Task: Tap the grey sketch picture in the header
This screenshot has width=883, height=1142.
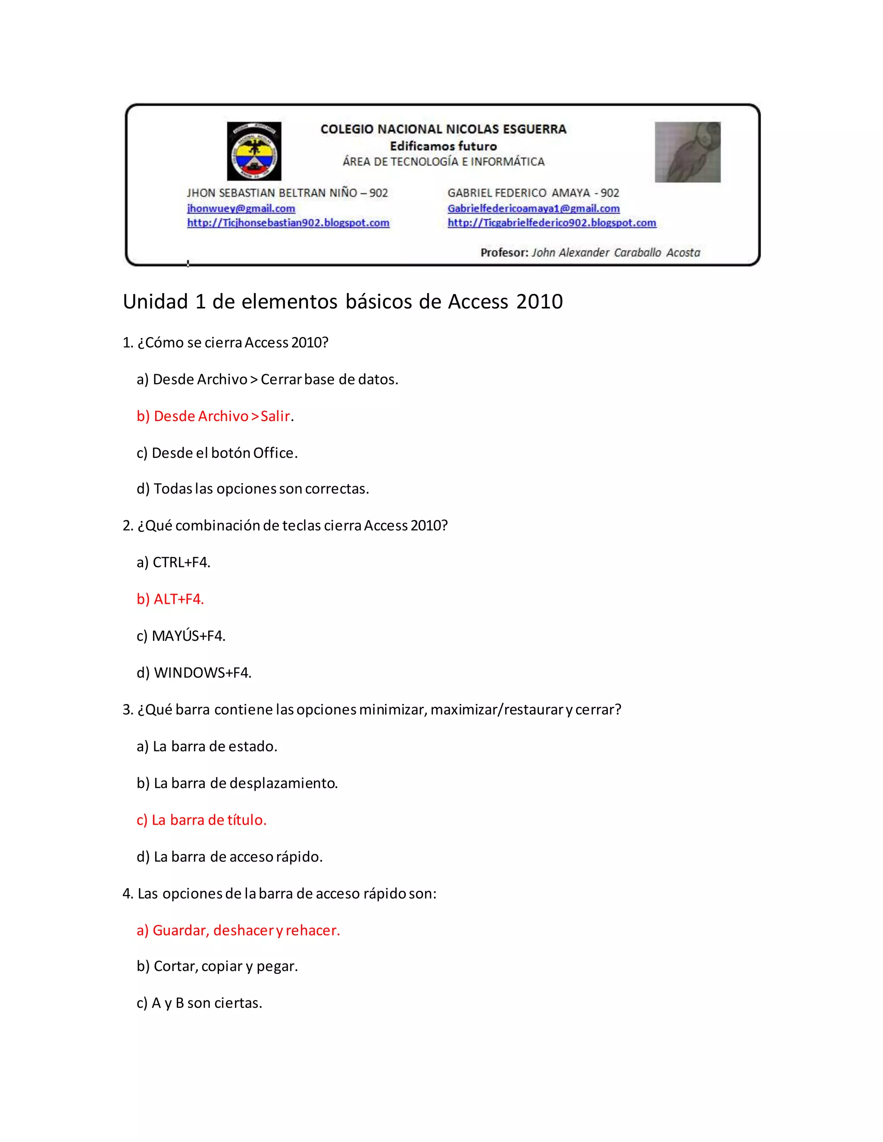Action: (x=687, y=152)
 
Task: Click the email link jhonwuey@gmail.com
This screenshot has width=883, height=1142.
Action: (x=241, y=208)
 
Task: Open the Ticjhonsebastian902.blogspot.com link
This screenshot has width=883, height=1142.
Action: (x=288, y=223)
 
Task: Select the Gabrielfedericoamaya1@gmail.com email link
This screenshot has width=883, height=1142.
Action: (x=534, y=208)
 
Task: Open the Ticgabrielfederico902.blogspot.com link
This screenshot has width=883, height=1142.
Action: (x=552, y=223)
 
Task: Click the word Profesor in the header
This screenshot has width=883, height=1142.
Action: (x=504, y=253)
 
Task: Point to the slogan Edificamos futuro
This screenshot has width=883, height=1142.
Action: (x=443, y=146)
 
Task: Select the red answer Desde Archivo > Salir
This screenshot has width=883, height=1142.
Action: (x=214, y=416)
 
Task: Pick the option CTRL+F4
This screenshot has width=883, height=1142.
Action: (x=173, y=563)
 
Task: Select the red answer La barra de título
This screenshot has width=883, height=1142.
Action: (x=201, y=820)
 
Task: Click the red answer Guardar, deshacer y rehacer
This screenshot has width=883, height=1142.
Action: (x=238, y=930)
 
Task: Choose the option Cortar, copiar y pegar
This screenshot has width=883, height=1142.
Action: (x=217, y=966)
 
